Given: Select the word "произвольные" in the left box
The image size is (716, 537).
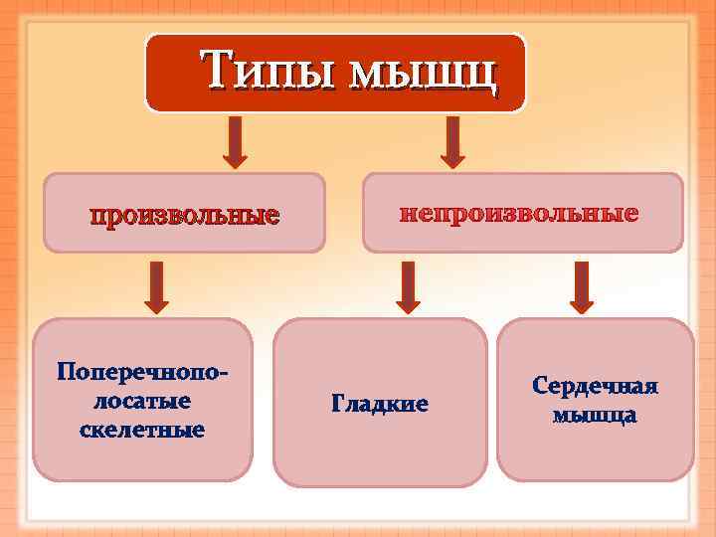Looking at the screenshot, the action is click(x=185, y=215).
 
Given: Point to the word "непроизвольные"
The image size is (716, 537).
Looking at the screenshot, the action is click(x=519, y=214).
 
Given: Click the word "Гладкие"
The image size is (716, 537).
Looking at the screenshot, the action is click(x=379, y=405).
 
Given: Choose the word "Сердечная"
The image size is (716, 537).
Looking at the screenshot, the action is click(x=595, y=386).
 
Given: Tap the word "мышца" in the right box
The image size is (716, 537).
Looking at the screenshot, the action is click(x=595, y=414).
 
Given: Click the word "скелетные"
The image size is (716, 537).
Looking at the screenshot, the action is click(x=141, y=430).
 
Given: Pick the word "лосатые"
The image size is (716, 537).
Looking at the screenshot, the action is click(x=142, y=401).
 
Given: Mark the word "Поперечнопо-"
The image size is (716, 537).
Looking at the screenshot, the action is click(x=142, y=372).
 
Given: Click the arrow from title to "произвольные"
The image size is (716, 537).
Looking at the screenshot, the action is click(x=234, y=141).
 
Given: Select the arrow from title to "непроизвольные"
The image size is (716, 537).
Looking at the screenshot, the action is click(x=452, y=141).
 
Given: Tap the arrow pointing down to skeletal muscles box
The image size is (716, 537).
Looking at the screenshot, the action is click(x=155, y=286).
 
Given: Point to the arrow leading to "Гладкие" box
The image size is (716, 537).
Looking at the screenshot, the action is click(x=409, y=286).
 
